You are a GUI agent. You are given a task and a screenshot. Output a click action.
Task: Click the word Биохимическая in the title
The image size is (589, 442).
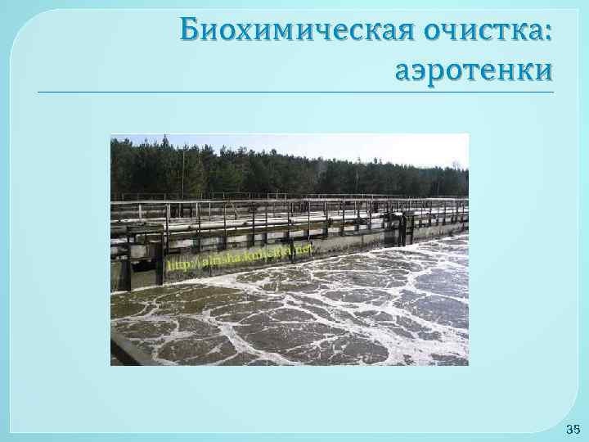tap(299, 30)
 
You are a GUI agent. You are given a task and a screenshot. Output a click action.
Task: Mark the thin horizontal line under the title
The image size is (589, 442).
tap(294, 92)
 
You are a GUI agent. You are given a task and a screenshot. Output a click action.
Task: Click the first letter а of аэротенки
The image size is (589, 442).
tap(403, 73)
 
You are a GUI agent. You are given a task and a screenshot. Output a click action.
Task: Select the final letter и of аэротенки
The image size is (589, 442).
tap(542, 73)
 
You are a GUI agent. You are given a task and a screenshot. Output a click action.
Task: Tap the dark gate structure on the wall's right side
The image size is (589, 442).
tap(402, 229)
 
